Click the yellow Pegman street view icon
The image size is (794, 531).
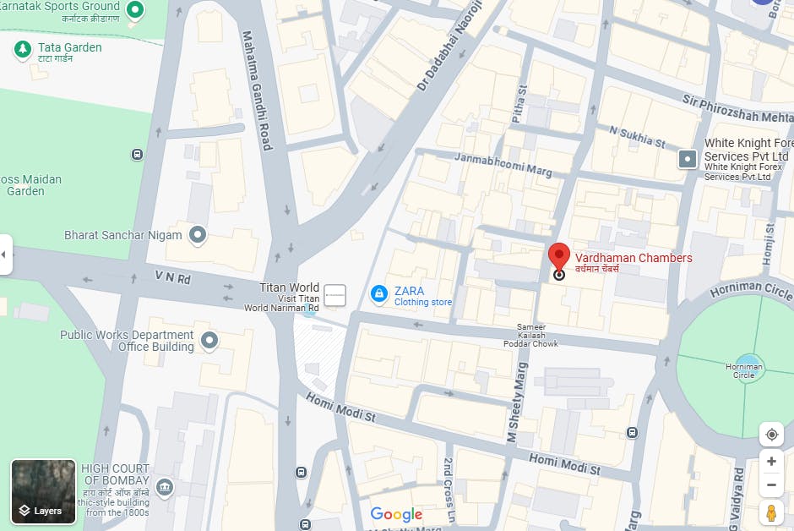770,512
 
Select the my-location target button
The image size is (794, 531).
770,435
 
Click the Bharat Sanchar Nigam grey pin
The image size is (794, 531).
198,234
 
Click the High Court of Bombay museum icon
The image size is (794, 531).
165,486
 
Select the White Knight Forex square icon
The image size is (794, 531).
688,158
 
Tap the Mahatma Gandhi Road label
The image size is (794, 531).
257,91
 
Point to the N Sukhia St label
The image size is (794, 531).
631,135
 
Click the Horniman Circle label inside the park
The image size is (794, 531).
743,370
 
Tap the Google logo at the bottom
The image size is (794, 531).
396,514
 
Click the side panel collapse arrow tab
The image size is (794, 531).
5,254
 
